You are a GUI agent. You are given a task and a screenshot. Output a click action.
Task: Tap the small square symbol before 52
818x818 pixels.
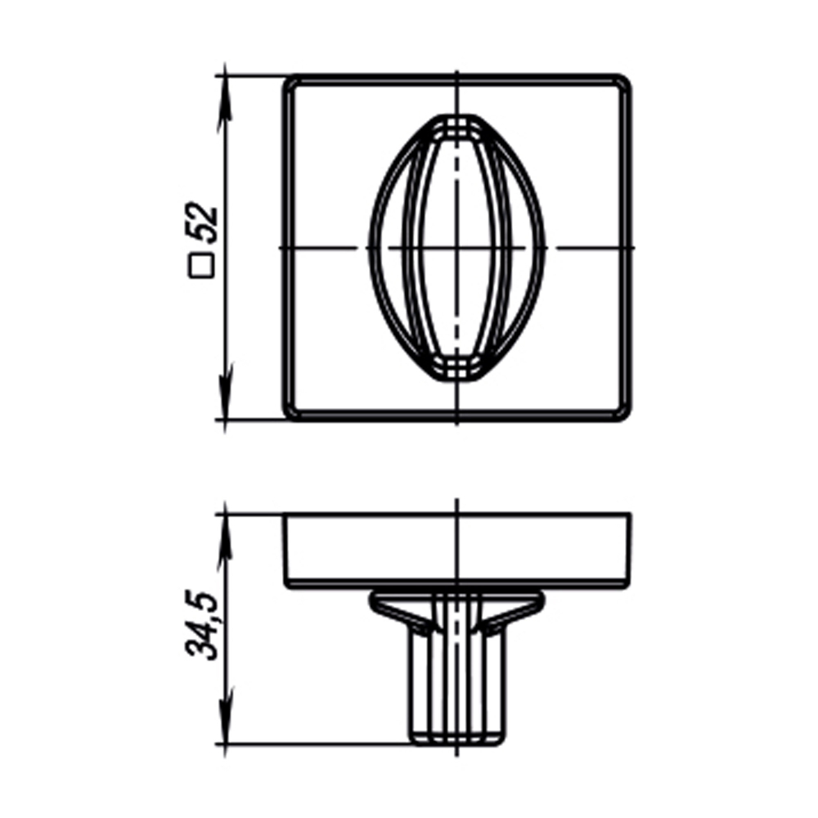(x=201, y=267)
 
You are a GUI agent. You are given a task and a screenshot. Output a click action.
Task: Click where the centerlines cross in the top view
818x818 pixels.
(x=456, y=248)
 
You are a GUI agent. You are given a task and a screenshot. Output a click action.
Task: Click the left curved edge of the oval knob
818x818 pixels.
(x=371, y=248)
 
